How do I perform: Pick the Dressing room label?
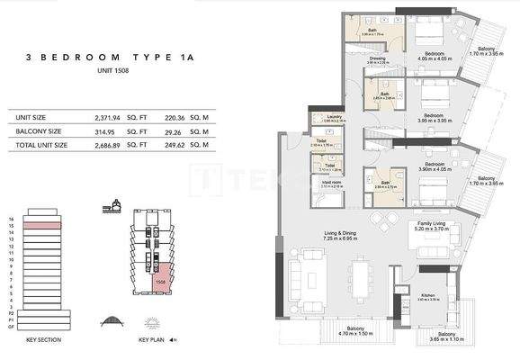379,59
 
